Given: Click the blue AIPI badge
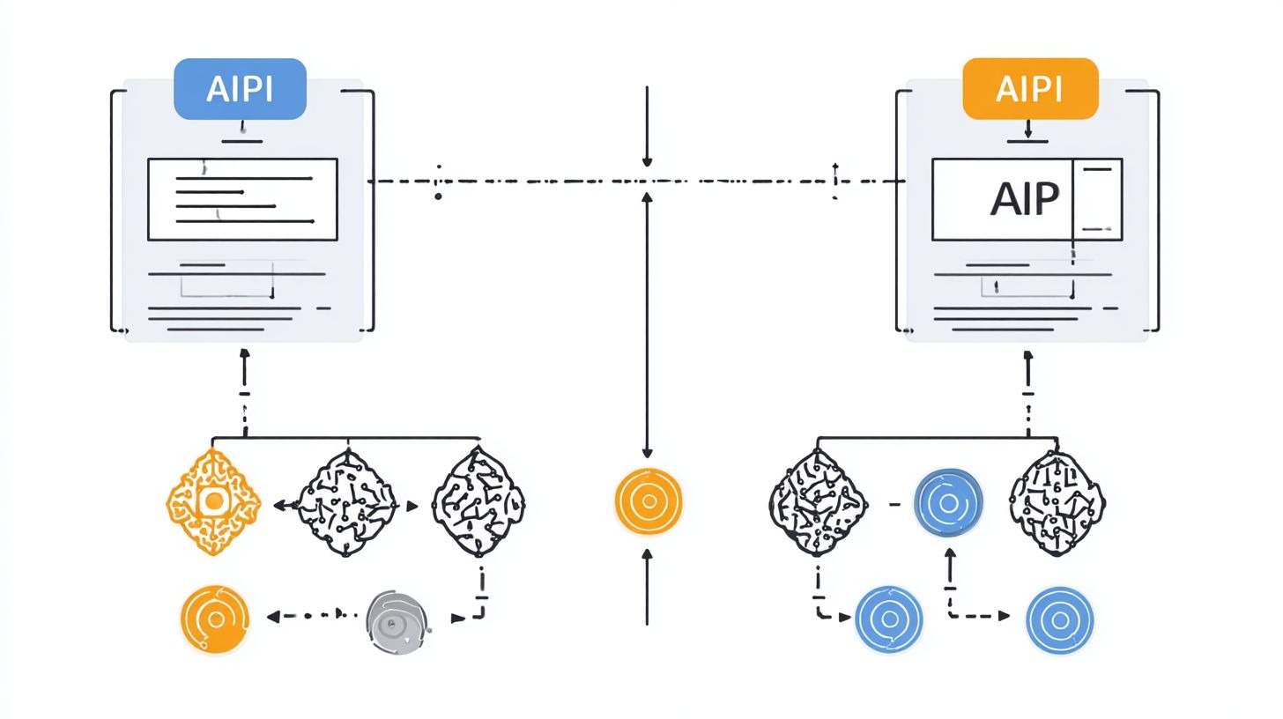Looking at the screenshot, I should point(240,89).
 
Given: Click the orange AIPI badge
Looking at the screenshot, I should point(1030,89).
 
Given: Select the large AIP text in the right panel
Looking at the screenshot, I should point(1023,200).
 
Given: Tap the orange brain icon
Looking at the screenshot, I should point(213,502).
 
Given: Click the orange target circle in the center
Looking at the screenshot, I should point(648,501).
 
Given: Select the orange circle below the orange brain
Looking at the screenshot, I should point(214,619).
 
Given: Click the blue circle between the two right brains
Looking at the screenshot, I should point(948,503).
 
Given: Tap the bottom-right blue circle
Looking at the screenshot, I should point(1059,620).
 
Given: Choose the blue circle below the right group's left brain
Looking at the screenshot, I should point(889,619).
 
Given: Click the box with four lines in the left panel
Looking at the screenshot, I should point(242,199).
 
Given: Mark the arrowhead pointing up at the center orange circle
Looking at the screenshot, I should point(648,555).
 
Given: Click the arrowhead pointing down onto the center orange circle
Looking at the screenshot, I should point(648,452).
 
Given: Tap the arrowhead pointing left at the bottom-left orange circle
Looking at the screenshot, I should point(273,616).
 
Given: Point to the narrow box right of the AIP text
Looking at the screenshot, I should point(1098,199).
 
